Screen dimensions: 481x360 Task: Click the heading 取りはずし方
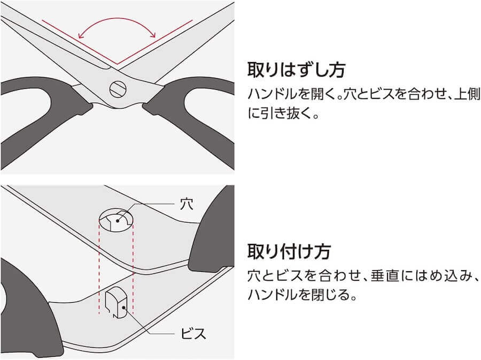(296, 70)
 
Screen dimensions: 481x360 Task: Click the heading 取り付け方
(289, 251)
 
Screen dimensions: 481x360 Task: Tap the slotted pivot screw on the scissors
(118, 89)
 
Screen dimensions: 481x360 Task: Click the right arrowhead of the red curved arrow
(153, 34)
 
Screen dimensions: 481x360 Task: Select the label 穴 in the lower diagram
(187, 204)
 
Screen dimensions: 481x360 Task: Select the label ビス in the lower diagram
(193, 333)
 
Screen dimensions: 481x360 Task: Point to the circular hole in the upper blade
(116, 220)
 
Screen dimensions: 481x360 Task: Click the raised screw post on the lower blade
(116, 302)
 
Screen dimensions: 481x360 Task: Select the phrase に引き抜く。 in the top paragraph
(284, 113)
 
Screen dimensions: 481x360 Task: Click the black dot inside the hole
(118, 220)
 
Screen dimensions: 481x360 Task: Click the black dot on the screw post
(123, 307)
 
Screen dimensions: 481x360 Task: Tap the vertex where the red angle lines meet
(117, 64)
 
